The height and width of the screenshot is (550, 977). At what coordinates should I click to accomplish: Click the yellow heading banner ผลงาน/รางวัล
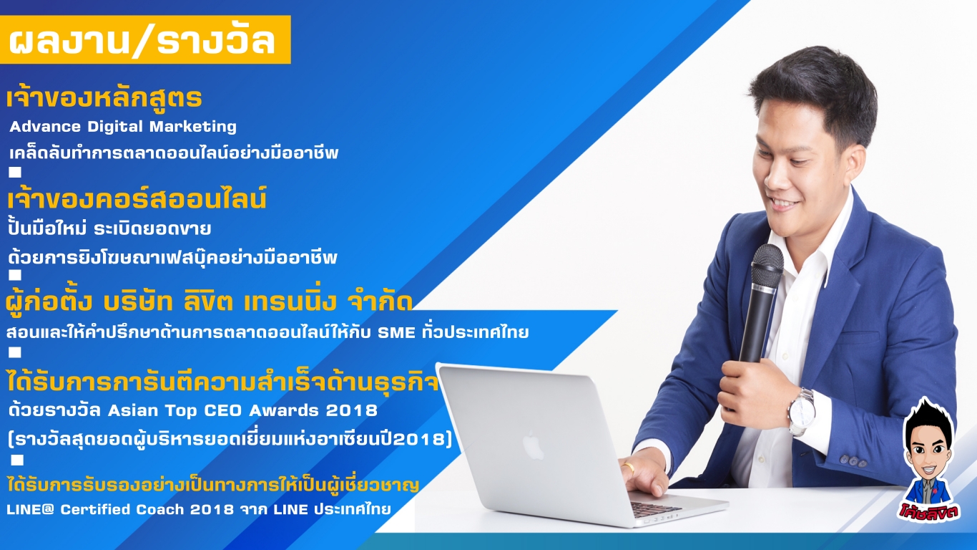point(145,40)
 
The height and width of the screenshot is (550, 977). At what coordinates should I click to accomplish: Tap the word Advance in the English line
point(45,127)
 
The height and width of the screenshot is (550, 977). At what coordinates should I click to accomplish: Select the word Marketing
point(193,127)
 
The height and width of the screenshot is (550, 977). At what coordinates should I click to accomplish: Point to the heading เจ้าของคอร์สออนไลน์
point(137,199)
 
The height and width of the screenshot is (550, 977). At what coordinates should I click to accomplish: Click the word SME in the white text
point(396,333)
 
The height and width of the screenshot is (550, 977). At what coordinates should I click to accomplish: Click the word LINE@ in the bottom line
point(30,509)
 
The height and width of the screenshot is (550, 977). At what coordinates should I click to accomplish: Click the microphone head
point(767,266)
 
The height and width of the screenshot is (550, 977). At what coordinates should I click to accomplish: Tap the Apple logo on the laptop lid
point(533,445)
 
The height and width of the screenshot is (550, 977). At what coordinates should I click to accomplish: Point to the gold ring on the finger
point(629,468)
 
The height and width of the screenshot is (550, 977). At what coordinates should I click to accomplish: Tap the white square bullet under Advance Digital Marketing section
point(15,172)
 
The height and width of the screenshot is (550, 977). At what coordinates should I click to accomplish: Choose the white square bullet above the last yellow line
point(17,460)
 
